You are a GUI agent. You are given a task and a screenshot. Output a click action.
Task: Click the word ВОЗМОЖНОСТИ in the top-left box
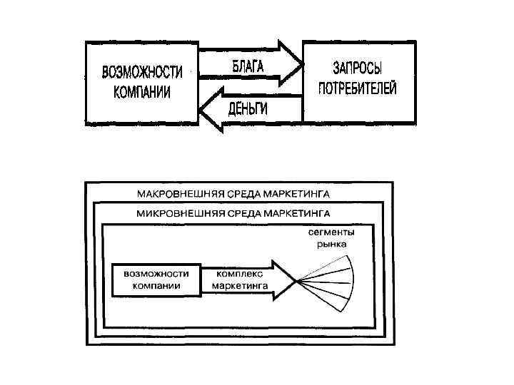point(142,73)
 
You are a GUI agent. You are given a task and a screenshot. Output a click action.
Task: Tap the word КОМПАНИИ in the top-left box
point(142,92)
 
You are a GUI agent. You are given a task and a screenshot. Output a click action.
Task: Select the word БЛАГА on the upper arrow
point(247,67)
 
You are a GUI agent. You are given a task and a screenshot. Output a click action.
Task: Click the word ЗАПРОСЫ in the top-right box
point(357,69)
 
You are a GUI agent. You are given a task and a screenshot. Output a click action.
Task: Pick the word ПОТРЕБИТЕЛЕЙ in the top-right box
point(357,89)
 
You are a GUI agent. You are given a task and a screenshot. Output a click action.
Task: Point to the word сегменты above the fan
point(331,232)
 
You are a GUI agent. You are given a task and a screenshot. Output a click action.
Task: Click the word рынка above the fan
point(331,244)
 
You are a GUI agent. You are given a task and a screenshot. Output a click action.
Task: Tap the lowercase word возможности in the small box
point(156,273)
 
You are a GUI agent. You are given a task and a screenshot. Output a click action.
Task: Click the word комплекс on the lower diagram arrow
point(239,273)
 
